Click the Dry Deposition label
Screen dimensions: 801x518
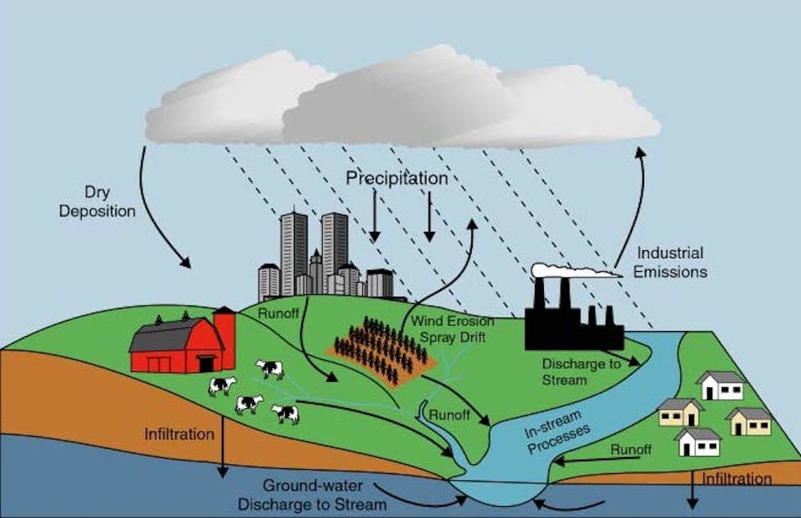coord(97,202)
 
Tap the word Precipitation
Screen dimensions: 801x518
coord(397,178)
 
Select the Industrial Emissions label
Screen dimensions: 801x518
coord(670,262)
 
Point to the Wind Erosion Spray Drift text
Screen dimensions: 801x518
coord(453,329)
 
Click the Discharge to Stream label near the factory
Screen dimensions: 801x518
coord(582,372)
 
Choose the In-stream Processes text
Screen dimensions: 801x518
coord(557,432)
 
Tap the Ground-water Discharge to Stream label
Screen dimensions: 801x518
coord(312,495)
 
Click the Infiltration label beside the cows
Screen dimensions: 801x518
coord(179,434)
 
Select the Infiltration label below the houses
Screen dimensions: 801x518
coord(737,480)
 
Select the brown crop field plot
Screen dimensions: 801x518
coord(381,352)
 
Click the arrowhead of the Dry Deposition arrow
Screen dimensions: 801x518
coord(186,262)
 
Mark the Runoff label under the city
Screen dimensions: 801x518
coord(279,313)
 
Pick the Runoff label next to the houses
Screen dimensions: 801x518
coord(631,450)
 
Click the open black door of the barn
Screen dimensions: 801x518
coord(207,363)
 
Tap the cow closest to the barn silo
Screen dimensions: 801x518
coord(270,368)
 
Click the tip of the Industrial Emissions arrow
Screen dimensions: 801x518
coord(640,148)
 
